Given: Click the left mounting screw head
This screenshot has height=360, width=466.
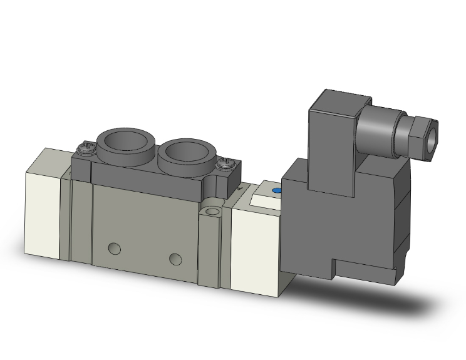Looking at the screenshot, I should [x=84, y=148].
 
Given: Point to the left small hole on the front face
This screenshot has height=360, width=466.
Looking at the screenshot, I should [x=114, y=249].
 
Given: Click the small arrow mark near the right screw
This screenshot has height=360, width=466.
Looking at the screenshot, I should [x=241, y=186].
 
